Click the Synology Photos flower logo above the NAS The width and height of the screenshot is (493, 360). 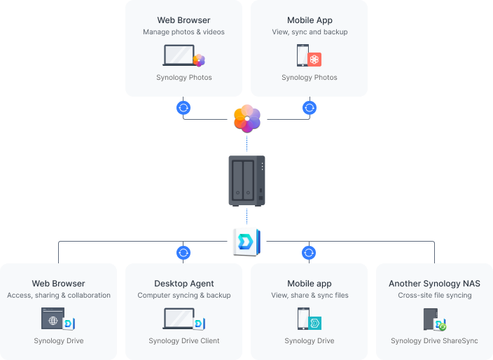click(x=246, y=118)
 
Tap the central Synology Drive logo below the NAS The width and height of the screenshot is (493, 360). click(x=246, y=242)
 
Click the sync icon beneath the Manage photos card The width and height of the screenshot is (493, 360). click(x=183, y=108)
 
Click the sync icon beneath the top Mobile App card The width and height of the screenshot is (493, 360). click(x=309, y=108)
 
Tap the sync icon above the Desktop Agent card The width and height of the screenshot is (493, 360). click(x=183, y=253)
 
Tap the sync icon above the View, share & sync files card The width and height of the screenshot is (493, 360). click(x=309, y=253)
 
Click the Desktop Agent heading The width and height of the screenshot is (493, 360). click(x=184, y=284)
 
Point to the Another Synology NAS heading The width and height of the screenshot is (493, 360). click(x=434, y=284)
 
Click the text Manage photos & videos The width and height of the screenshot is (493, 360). click(x=183, y=32)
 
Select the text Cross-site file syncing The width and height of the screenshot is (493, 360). click(x=434, y=296)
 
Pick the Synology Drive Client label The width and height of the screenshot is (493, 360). click(x=184, y=341)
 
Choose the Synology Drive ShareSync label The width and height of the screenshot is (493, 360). click(x=434, y=341)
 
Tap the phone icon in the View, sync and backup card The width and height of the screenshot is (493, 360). click(x=303, y=55)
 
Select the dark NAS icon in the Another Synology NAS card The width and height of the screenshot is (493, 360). click(x=431, y=319)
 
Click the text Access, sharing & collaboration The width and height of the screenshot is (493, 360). click(x=59, y=296)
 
